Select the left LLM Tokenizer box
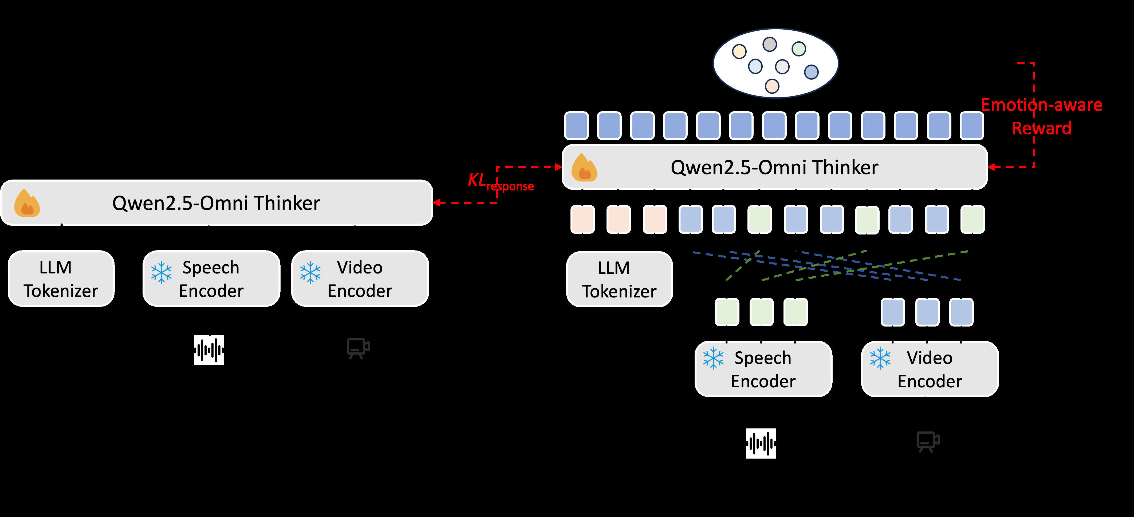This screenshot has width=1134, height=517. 61,279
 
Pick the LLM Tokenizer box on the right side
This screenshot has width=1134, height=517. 619,279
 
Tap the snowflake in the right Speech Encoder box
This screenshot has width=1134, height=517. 713,358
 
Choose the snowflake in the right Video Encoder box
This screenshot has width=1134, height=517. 880,358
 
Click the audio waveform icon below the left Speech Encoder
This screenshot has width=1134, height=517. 209,350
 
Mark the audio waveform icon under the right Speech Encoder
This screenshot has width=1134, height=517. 761,443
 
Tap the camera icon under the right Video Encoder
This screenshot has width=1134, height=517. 928,441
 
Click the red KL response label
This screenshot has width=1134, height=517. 500,182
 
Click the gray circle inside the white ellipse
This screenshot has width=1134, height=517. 770,44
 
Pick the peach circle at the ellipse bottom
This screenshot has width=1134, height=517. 772,86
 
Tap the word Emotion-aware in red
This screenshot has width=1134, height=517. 1042,105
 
